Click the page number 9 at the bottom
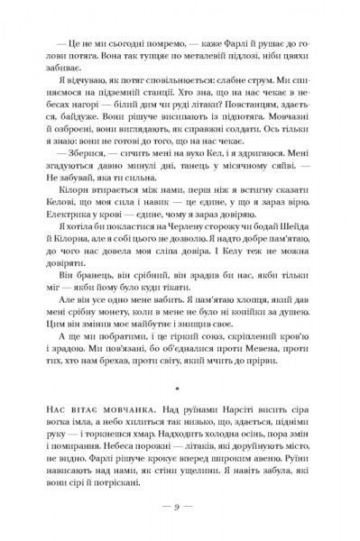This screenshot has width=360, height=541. point(180,505)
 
